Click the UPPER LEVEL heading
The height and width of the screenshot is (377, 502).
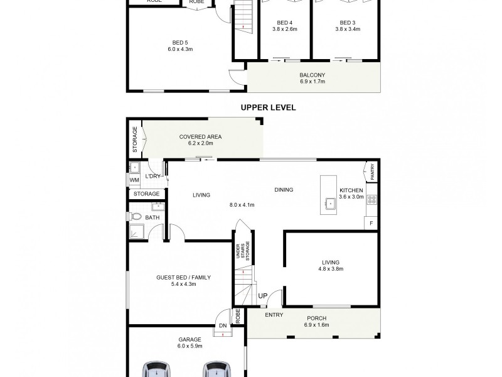(269, 107)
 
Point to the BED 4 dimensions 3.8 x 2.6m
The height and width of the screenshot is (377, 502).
(286, 29)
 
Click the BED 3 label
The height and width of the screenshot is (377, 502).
(346, 22)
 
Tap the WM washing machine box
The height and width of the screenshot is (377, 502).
(134, 180)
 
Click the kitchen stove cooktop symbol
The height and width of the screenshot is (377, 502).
(371, 200)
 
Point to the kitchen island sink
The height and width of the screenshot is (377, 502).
(329, 203)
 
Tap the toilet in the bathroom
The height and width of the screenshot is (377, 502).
(136, 217)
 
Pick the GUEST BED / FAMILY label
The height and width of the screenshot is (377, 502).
(183, 277)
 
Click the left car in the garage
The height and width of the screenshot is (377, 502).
(157, 369)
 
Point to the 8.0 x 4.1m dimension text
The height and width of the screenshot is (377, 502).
(242, 205)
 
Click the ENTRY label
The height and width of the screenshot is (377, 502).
(274, 315)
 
